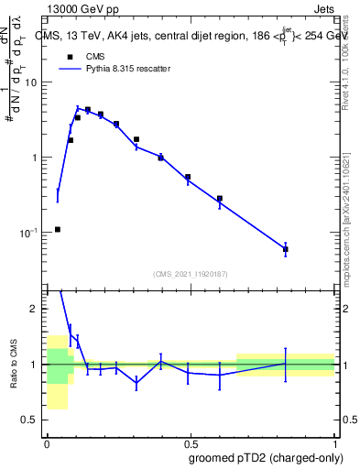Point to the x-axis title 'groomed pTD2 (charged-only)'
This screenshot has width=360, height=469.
coord(267,458)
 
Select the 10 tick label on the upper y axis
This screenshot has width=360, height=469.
coord(32,82)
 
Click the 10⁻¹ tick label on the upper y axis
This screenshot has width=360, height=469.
coord(30,233)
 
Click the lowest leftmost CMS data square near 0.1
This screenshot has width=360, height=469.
coord(58,229)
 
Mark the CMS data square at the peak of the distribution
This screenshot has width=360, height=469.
coord(88,110)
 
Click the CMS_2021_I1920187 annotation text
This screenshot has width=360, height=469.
coord(189,274)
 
